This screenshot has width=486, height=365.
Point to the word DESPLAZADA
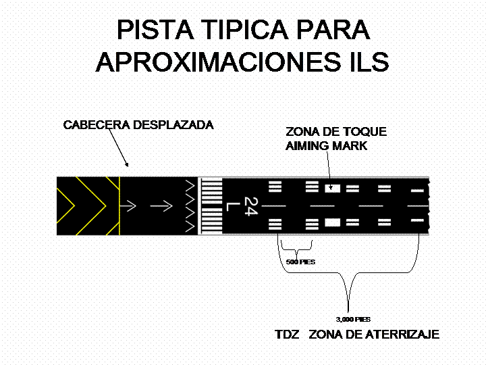(x=173, y=125)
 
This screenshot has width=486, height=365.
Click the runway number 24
(x=250, y=204)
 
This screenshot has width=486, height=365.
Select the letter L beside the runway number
(x=232, y=205)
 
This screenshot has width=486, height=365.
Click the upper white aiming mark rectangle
(x=332, y=187)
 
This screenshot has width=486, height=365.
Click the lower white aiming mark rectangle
(x=332, y=222)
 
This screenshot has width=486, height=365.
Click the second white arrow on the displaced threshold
(x=162, y=205)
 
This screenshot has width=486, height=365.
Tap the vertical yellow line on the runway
(x=119, y=205)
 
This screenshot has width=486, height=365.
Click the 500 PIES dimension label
(x=297, y=261)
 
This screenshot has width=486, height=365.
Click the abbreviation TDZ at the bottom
(x=288, y=335)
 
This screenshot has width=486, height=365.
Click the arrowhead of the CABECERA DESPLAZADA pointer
(x=126, y=164)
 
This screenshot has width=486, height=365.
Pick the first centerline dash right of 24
(x=275, y=205)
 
